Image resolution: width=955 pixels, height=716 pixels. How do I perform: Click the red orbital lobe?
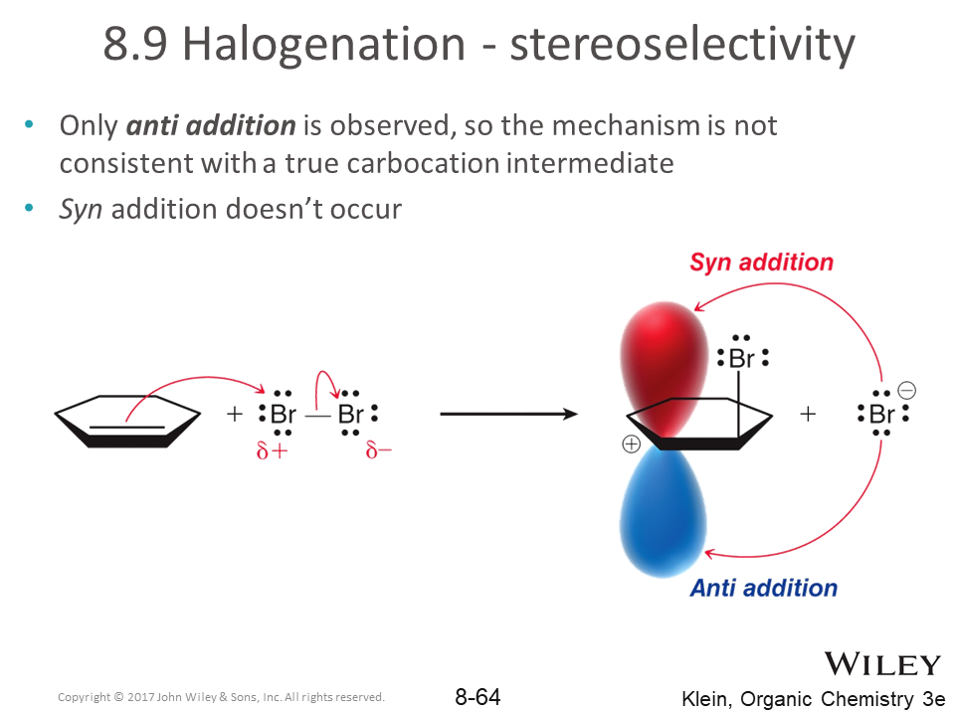664,365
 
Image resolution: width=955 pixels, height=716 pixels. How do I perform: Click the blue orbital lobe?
663,511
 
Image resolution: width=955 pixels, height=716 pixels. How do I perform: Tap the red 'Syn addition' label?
761,263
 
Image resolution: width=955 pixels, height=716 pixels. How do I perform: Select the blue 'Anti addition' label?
764,588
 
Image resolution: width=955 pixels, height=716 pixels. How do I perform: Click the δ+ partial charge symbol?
272,450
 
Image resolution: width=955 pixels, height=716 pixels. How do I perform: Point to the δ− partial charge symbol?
378,450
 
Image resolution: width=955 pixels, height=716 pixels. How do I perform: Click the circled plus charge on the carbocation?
631,445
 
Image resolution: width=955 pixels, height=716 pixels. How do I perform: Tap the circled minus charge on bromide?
906,390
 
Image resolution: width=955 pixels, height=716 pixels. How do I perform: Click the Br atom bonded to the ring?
741,358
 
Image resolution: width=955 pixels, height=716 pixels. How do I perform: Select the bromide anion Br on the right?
882,414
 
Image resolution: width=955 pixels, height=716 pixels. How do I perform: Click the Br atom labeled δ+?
283,414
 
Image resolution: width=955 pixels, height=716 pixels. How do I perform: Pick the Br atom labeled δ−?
351,414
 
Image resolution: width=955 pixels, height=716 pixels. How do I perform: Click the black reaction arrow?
508,415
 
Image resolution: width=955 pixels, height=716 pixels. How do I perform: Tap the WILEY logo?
882,663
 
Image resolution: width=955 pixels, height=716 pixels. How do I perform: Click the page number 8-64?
477,697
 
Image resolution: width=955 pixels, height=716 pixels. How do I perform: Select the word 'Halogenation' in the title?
324,44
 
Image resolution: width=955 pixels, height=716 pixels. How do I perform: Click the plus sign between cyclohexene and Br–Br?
235,414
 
